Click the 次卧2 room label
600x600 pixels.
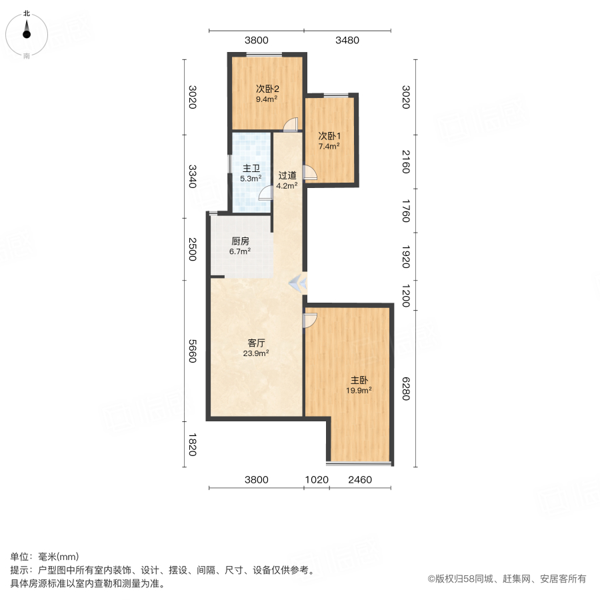click(267, 89)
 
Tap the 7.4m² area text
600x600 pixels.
click(329, 146)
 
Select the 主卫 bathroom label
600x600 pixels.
click(251, 168)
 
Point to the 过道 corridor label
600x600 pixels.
click(287, 175)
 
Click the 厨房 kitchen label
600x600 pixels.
click(240, 241)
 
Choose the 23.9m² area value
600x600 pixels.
click(256, 353)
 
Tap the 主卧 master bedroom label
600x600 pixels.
click(359, 380)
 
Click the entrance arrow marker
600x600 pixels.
click(298, 283)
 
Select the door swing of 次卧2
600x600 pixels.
click(291, 125)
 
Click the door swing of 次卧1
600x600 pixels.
click(309, 172)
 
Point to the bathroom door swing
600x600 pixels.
click(265, 193)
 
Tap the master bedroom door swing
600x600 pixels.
click(309, 321)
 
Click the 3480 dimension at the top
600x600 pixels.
click(347, 40)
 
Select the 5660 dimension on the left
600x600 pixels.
click(193, 351)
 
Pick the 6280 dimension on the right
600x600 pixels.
click(405, 389)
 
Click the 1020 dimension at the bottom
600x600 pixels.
click(317, 479)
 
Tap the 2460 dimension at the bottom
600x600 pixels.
click(360, 479)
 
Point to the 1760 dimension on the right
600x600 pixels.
click(405, 211)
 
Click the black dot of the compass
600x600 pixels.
click(27, 34)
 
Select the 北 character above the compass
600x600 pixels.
click(27, 13)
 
